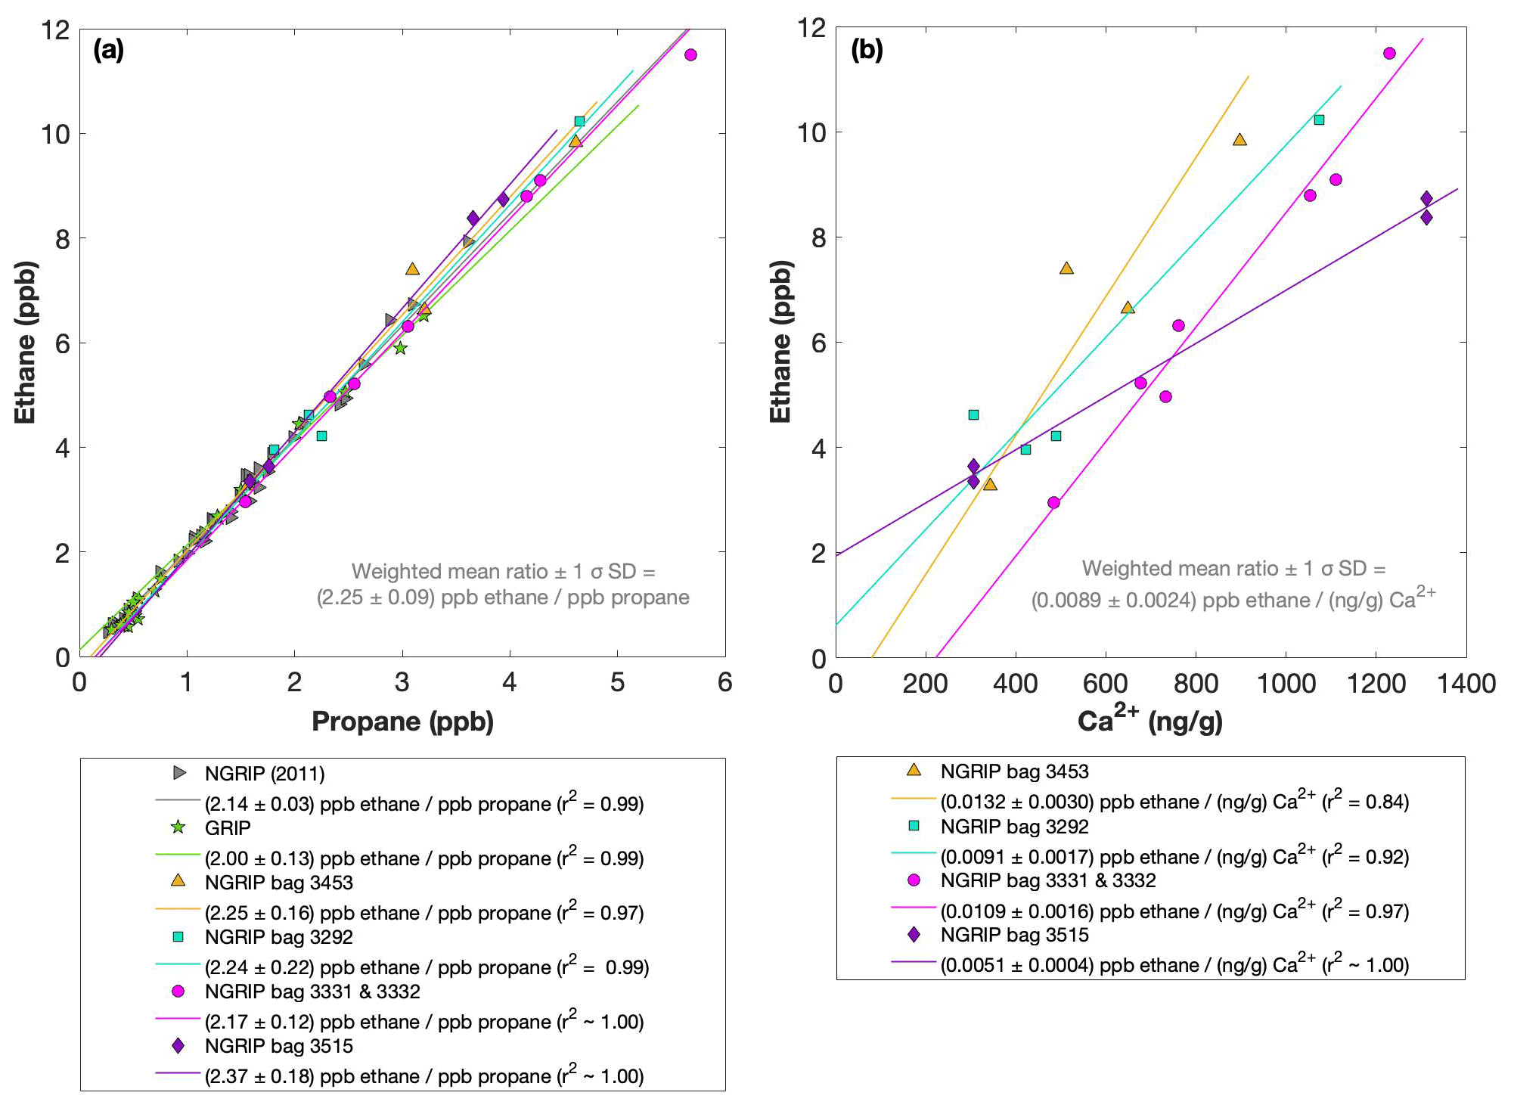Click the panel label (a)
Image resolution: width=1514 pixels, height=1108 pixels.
(108, 51)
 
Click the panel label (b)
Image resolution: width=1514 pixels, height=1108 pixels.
(867, 51)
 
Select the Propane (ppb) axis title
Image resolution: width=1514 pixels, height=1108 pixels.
(402, 722)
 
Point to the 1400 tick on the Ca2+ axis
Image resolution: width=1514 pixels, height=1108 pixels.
(1466, 684)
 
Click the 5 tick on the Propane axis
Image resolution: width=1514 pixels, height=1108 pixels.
(617, 683)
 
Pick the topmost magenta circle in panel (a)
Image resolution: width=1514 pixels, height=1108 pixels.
(690, 54)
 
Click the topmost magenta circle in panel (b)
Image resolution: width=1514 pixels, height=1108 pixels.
(1389, 53)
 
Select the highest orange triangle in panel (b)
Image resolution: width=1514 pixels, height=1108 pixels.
(1239, 140)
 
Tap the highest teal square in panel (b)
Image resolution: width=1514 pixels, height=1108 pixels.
(1319, 119)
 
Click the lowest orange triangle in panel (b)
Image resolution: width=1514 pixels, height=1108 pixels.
(990, 484)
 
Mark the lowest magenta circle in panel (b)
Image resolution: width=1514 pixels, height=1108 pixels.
(1053, 502)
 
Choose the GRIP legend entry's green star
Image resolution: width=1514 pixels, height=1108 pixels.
(178, 827)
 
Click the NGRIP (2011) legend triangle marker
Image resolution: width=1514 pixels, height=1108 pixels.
(179, 773)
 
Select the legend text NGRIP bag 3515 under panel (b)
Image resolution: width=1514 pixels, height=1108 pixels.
(1014, 935)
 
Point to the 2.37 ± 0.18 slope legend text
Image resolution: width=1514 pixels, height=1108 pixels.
(423, 1075)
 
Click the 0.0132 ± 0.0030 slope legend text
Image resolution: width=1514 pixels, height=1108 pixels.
(1174, 802)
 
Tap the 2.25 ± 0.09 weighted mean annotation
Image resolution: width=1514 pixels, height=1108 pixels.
(503, 597)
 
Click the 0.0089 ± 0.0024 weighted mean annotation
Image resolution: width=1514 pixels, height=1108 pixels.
(1233, 600)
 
